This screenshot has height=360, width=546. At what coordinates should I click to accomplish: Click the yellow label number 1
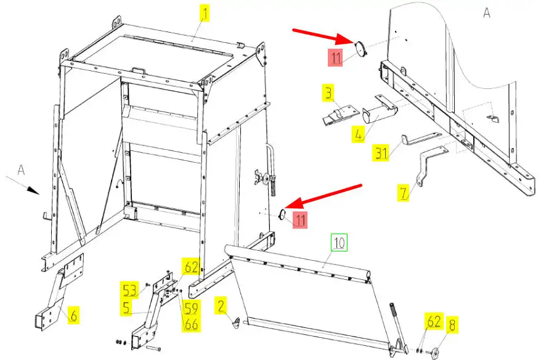(x=203, y=12)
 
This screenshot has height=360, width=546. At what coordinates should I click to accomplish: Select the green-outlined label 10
(x=340, y=242)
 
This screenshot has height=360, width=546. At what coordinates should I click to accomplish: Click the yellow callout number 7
(x=403, y=192)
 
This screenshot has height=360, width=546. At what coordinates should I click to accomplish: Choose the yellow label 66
(x=191, y=324)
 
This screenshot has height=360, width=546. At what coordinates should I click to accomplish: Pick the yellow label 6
(x=73, y=316)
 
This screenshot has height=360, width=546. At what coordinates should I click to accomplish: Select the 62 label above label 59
(x=191, y=267)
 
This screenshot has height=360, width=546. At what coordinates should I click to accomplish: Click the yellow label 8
(x=452, y=325)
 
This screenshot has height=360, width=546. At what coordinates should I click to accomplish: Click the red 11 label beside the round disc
(x=335, y=59)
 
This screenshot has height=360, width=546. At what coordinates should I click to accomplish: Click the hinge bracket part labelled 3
(x=339, y=115)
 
